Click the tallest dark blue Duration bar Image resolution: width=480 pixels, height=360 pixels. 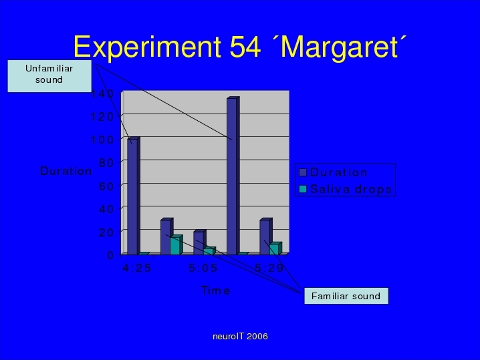point(233,176)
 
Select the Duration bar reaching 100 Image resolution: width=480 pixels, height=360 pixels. point(134,196)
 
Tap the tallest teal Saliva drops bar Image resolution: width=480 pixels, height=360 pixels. point(176,244)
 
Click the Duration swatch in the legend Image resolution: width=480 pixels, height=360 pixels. point(303,172)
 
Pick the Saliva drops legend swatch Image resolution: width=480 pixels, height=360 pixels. point(303,189)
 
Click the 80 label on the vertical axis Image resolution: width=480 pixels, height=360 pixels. point(106,162)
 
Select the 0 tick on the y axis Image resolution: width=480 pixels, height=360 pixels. point(110,254)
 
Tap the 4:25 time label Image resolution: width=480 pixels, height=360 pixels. point(136,268)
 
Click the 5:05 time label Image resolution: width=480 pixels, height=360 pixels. point(203,268)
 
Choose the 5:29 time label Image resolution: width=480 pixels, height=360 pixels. point(269,268)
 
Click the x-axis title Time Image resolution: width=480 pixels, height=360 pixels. point(215,291)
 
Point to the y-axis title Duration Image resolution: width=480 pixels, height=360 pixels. point(66,171)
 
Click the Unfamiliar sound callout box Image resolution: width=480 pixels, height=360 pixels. point(49,76)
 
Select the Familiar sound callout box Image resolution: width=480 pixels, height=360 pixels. point(346,296)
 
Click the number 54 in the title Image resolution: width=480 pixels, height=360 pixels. point(245,47)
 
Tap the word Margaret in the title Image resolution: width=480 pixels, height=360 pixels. point(339,48)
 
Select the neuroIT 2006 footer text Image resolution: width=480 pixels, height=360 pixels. point(240,336)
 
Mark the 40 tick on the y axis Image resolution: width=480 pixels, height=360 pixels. point(106,209)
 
